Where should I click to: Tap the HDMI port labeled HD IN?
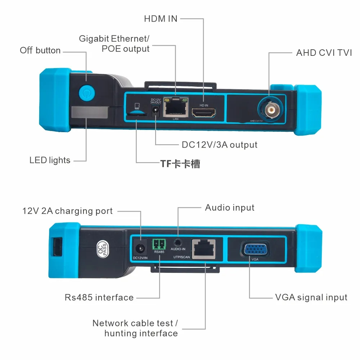tap(203, 114)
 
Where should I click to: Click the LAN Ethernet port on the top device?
tap(176, 107)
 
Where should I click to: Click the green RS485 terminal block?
tap(159, 244)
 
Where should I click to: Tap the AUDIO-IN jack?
tap(177, 242)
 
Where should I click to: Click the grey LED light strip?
tap(89, 112)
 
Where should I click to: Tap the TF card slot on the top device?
tap(137, 112)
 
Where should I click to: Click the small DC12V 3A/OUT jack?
tap(156, 112)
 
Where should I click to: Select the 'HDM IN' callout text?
tap(161, 19)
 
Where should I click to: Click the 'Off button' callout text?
tap(40, 50)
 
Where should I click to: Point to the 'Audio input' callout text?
tap(230, 208)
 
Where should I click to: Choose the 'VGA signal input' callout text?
tap(311, 297)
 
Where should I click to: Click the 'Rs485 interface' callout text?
tap(99, 298)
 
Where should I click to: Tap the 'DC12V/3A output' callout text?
tap(219, 145)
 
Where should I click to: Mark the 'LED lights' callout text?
tap(50, 160)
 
